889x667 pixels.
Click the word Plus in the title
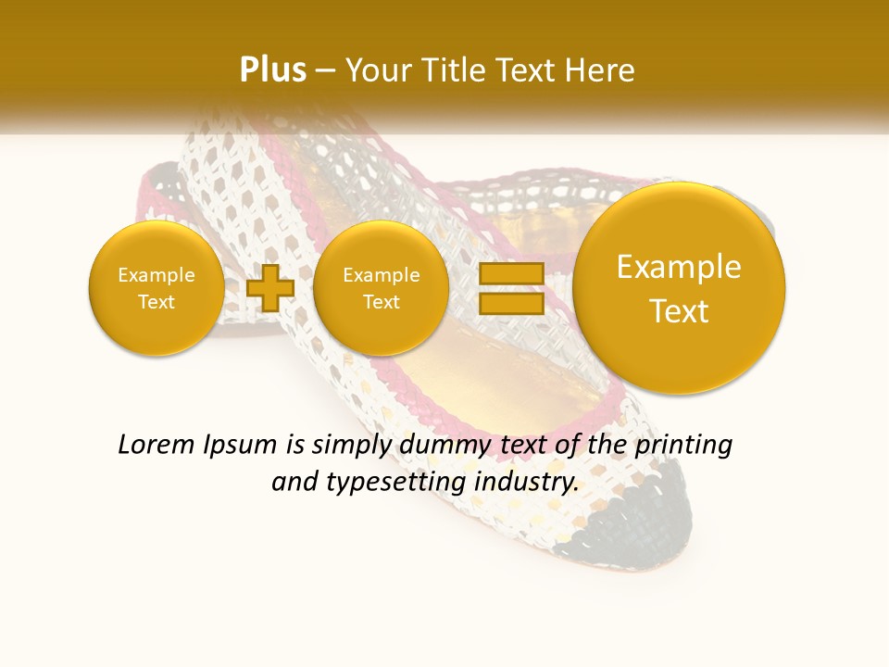pos(272,70)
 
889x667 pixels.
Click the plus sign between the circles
pos(270,288)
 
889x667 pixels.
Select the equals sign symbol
pos(510,288)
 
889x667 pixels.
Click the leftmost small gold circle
pos(156,288)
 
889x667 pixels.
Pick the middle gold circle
pos(381,288)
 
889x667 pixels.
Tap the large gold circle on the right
pos(679,288)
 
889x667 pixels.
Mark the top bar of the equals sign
pos(510,274)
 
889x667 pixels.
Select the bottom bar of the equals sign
pos(510,303)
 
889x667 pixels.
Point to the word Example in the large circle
pos(679,267)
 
